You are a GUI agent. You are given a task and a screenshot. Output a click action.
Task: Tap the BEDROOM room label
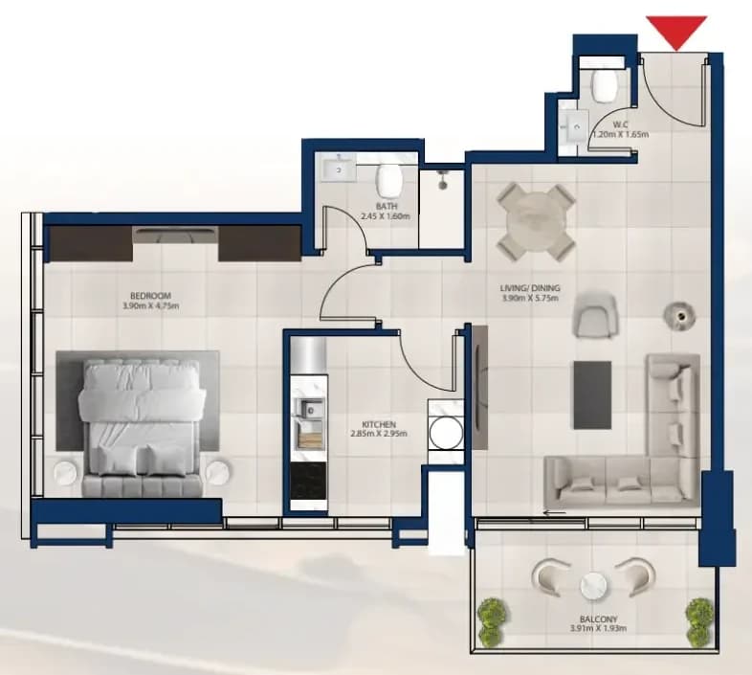(x=150, y=296)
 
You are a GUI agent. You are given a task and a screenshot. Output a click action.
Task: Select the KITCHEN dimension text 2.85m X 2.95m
(x=379, y=434)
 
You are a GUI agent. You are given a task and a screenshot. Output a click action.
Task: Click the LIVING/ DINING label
(x=530, y=288)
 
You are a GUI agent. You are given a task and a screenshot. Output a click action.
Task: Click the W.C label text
(x=621, y=125)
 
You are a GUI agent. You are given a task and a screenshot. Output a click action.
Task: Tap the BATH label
(x=387, y=207)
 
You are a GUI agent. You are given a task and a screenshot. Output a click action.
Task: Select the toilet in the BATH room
(x=389, y=181)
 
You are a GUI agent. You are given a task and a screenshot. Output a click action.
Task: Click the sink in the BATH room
(x=339, y=170)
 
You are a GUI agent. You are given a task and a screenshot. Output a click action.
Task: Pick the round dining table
(x=535, y=222)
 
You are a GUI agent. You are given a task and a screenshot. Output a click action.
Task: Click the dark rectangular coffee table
(x=592, y=395)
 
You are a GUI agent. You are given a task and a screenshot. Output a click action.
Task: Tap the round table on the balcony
(x=593, y=586)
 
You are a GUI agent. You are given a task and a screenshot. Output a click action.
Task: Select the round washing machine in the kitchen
(x=446, y=433)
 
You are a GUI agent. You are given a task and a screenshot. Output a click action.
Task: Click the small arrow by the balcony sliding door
(x=555, y=512)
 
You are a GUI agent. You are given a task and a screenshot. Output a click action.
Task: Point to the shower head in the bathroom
(x=442, y=181)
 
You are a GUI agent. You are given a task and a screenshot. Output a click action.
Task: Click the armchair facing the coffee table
(x=595, y=316)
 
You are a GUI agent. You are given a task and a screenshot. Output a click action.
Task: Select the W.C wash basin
(x=574, y=126)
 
